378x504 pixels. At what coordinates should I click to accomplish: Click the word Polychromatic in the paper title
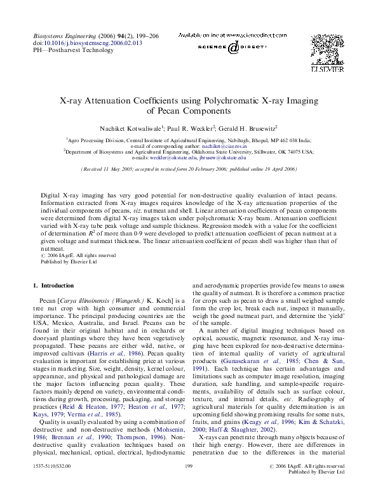tap(232, 100)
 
